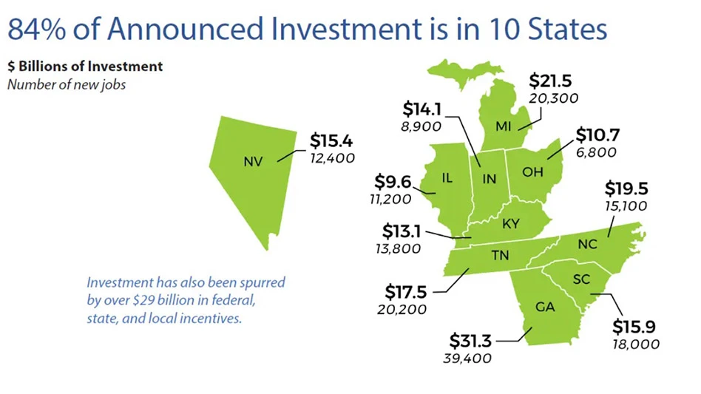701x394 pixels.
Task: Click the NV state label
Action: coord(253,159)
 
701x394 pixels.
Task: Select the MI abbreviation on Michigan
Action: coord(504,126)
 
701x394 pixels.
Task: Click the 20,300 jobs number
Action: coord(554,98)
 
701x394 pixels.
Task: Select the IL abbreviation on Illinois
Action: coord(446,178)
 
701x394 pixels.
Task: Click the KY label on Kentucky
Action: coord(511,224)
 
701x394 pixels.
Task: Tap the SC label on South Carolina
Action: coord(580,279)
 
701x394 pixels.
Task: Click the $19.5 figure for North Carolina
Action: coord(626,188)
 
